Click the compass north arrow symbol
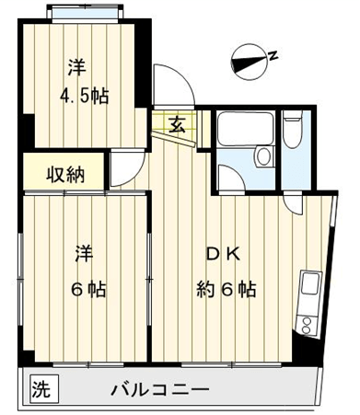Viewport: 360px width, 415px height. (250, 62)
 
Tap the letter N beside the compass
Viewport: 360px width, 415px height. (273, 55)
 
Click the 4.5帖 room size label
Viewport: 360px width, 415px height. (85, 96)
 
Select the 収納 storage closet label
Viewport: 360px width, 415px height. (65, 175)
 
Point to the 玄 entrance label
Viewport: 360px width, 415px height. (178, 125)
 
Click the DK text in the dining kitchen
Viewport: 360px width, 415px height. (223, 254)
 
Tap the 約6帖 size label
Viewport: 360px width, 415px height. (226, 289)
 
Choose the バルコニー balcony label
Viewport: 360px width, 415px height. (160, 390)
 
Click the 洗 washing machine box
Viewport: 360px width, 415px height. (41, 389)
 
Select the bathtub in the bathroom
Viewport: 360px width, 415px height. (245, 129)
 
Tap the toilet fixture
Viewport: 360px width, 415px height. (292, 129)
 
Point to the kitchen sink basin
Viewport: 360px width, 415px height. (310, 284)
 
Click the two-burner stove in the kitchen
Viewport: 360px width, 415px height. (307, 326)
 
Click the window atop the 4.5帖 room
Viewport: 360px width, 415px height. (85, 14)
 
